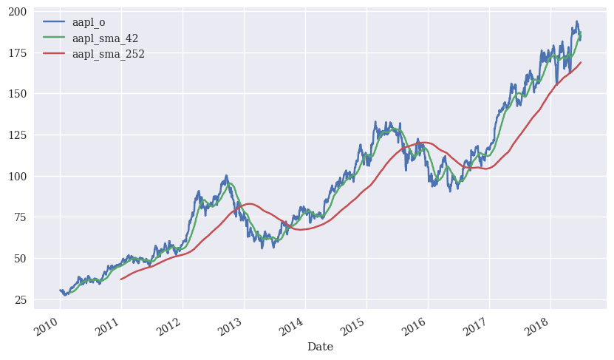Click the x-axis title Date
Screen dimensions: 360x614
pyautogui.click(x=320, y=347)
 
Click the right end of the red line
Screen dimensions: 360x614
pyautogui.click(x=581, y=62)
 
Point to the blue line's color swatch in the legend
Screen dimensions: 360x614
pyautogui.click(x=55, y=22)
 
